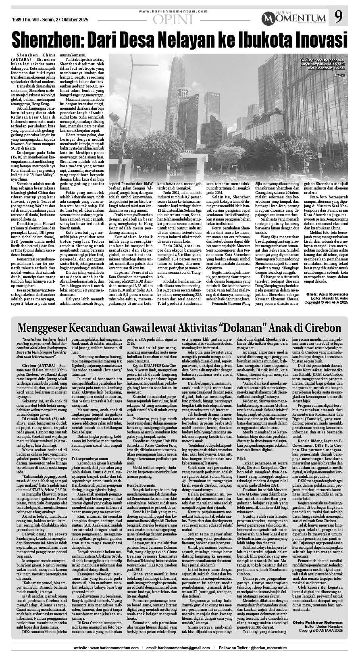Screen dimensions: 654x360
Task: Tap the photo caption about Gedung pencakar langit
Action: click(323, 65)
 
